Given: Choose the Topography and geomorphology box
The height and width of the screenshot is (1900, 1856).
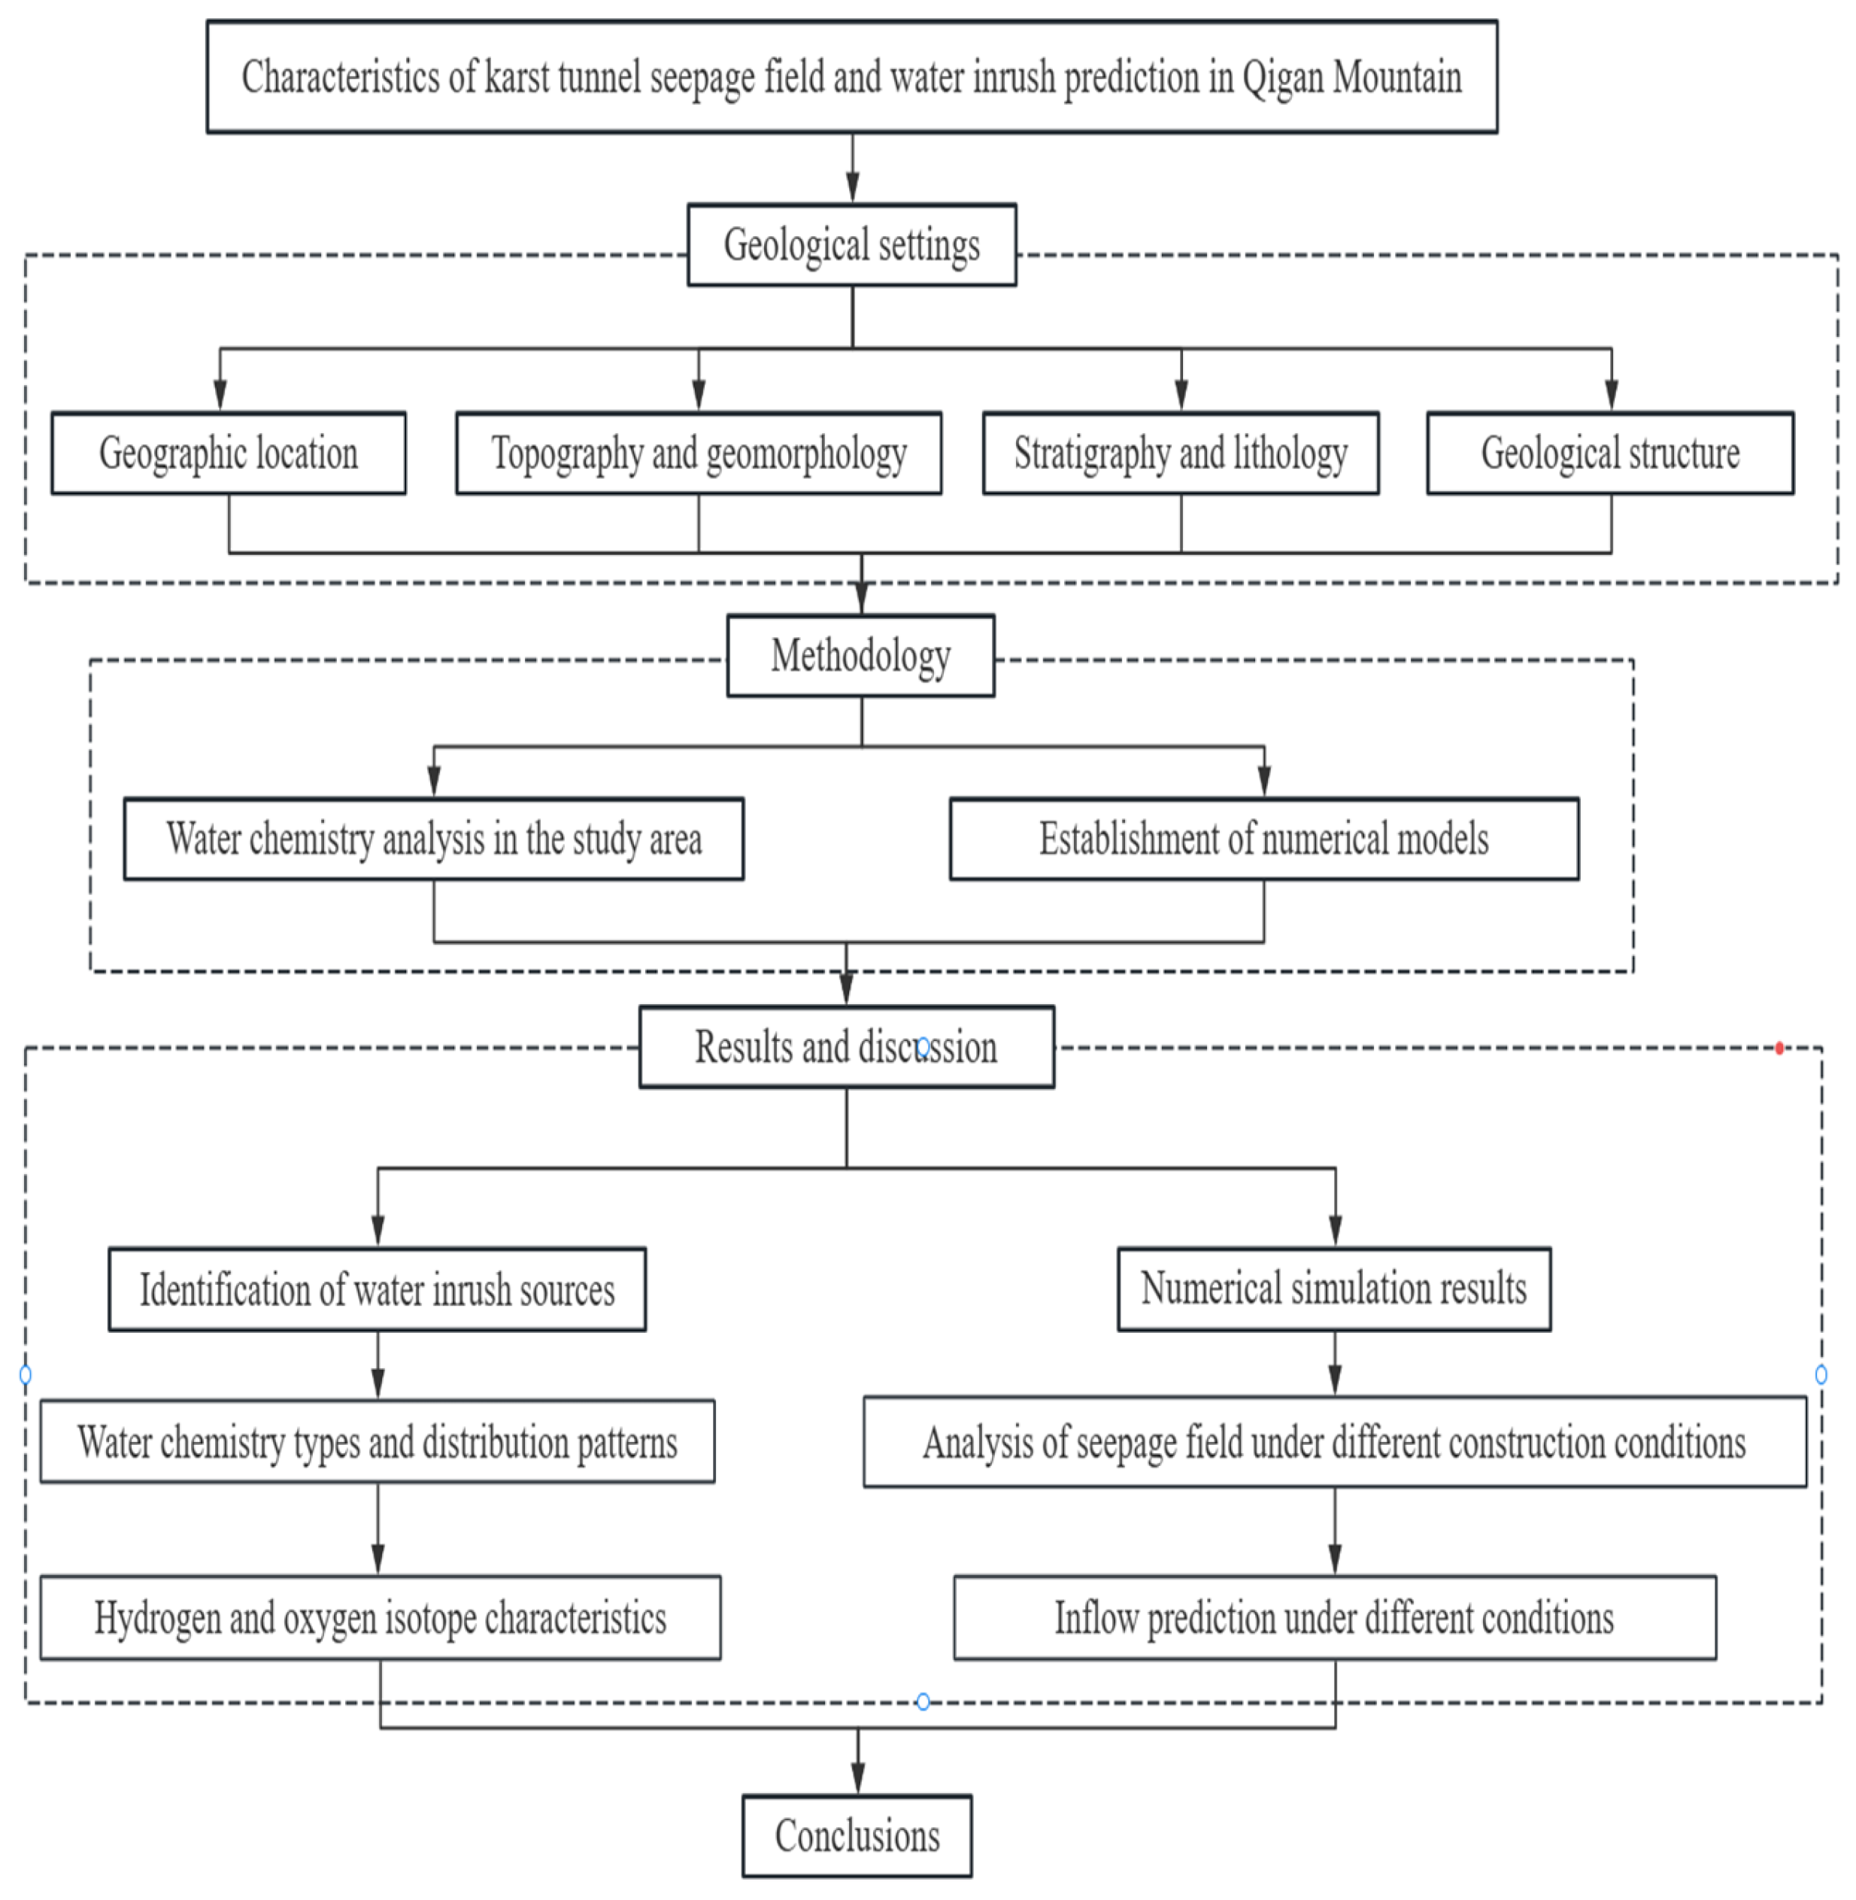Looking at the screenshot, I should tap(698, 454).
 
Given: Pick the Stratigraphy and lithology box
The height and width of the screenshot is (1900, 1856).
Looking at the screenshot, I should tap(1181, 454).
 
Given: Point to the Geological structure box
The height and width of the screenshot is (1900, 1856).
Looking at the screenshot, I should tap(1609, 454).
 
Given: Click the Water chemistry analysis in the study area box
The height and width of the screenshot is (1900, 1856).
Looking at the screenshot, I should tap(433, 839).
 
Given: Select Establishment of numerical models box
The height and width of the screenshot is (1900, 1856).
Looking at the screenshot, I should tap(1263, 839).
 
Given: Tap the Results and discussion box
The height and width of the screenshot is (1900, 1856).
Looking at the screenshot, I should tap(846, 1047).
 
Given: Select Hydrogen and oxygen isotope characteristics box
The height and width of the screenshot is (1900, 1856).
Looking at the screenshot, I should tap(381, 1617).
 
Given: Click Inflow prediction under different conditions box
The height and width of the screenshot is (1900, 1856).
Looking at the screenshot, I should tap(1335, 1617).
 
